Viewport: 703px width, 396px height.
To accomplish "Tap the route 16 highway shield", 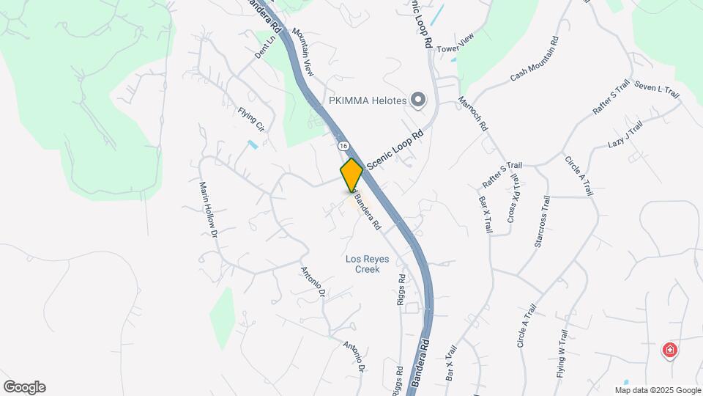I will pyautogui.click(x=342, y=145).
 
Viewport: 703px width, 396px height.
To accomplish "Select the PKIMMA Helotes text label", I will pyautogui.click(x=366, y=100).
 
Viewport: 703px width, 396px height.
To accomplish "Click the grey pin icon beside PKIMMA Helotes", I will pyautogui.click(x=418, y=100).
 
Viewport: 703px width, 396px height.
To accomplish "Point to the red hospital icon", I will pyautogui.click(x=669, y=351).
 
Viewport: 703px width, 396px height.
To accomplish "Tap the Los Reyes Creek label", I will pyautogui.click(x=367, y=264).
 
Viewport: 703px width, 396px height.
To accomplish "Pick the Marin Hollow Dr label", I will pyautogui.click(x=207, y=210).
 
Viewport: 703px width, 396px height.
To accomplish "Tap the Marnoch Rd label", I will pyautogui.click(x=472, y=114).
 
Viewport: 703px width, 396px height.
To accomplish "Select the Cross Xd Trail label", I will pyautogui.click(x=514, y=198).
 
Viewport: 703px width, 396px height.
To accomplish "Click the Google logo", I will pyautogui.click(x=24, y=387).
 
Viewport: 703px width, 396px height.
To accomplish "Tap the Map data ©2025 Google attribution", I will pyautogui.click(x=657, y=389).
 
